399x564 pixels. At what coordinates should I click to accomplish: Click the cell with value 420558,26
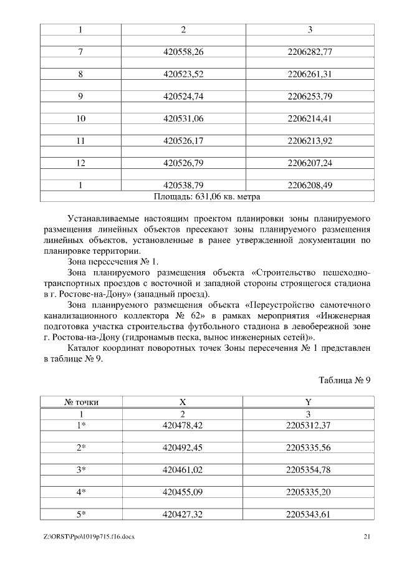(x=183, y=52)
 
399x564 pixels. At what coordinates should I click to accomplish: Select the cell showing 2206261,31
(x=309, y=74)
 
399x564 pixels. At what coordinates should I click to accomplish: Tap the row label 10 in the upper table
(x=80, y=118)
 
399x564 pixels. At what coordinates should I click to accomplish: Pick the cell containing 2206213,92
(x=309, y=141)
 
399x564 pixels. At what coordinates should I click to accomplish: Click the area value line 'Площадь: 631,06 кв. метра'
(x=206, y=196)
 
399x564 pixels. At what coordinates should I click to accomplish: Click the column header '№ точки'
(x=81, y=403)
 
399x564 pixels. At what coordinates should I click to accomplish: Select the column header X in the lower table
(x=183, y=403)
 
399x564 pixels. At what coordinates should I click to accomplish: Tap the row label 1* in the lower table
(x=81, y=425)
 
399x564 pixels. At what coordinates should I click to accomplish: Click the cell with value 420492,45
(x=183, y=447)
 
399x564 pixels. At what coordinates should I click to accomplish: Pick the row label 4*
(x=81, y=492)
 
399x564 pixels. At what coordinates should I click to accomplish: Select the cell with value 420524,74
(x=183, y=97)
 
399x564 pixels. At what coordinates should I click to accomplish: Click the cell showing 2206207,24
(x=309, y=163)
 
